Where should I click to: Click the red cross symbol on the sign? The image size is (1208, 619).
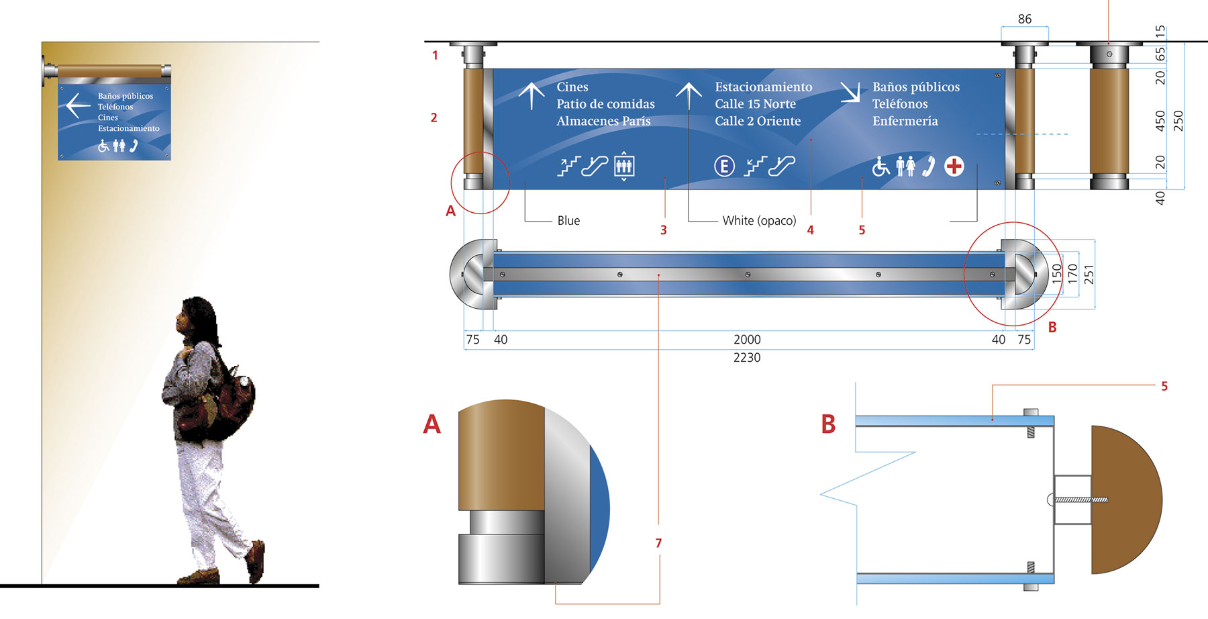click(954, 166)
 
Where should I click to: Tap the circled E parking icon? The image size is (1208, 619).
click(724, 166)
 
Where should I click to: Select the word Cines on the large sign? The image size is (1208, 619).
click(572, 87)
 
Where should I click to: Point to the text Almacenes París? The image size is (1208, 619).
click(603, 121)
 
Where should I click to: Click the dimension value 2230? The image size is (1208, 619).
click(747, 358)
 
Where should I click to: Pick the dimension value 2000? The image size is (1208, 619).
click(747, 340)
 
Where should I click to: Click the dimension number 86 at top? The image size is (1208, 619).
click(1024, 19)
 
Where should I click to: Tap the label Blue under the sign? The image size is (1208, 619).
click(568, 220)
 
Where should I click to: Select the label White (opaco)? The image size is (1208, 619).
click(759, 220)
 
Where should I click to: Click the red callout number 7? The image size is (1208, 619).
click(658, 543)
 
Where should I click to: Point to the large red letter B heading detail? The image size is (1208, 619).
click(829, 424)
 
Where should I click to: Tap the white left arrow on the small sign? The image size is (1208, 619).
click(78, 105)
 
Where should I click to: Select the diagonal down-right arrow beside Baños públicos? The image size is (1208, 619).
click(850, 92)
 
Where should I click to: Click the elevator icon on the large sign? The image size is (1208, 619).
click(623, 165)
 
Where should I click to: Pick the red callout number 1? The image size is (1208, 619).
click(435, 55)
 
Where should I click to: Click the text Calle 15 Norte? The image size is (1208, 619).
click(755, 104)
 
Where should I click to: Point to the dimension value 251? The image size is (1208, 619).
click(1089, 274)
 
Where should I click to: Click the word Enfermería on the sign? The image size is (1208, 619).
click(905, 121)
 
